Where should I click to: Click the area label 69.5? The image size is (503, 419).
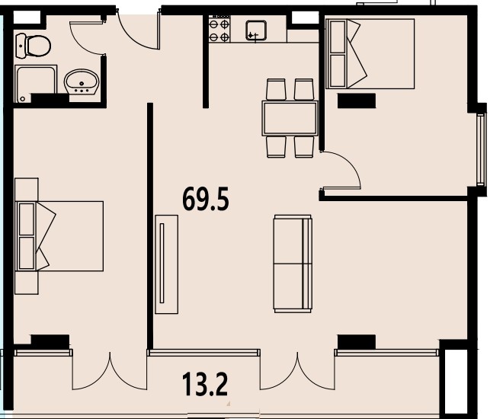[x=206, y=200]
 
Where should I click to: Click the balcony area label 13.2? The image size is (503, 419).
[x=205, y=385]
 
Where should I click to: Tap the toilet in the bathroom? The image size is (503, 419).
[x=33, y=46]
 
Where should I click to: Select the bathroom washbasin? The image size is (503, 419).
[x=82, y=82]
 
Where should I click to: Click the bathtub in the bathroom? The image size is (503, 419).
[x=36, y=84]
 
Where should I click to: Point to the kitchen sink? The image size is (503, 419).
[x=256, y=30]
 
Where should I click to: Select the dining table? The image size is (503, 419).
[x=290, y=118]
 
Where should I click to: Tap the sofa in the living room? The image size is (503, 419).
[x=293, y=264]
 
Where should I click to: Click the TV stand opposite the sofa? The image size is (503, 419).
[x=166, y=264]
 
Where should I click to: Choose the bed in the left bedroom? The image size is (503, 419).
[x=59, y=236]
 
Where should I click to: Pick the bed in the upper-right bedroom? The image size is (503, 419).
[x=370, y=54]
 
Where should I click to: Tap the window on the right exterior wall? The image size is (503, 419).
[x=480, y=150]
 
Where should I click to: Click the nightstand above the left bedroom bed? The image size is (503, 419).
[x=27, y=190]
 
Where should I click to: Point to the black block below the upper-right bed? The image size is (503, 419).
[x=357, y=101]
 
